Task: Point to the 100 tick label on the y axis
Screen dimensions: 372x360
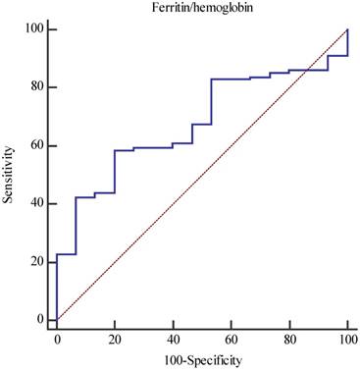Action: [33, 29]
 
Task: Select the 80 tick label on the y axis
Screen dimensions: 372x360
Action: [37, 87]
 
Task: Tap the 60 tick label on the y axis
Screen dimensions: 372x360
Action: [37, 145]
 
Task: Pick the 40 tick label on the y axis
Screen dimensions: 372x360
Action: [37, 203]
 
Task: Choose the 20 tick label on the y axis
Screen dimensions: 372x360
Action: [37, 261]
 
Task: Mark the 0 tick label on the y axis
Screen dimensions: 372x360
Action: [40, 319]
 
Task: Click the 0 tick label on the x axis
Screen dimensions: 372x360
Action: [57, 340]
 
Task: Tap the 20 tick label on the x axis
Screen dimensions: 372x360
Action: [115, 340]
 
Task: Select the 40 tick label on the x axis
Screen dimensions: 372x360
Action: [173, 340]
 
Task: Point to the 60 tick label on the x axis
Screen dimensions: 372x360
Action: [231, 340]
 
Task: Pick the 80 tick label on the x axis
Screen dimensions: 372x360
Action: [288, 340]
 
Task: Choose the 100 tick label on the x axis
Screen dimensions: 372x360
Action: [346, 340]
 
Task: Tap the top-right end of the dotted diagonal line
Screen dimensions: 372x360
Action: [347, 29]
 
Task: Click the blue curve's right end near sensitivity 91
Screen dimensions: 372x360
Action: [347, 55]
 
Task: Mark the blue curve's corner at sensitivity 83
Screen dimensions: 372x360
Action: [212, 79]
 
